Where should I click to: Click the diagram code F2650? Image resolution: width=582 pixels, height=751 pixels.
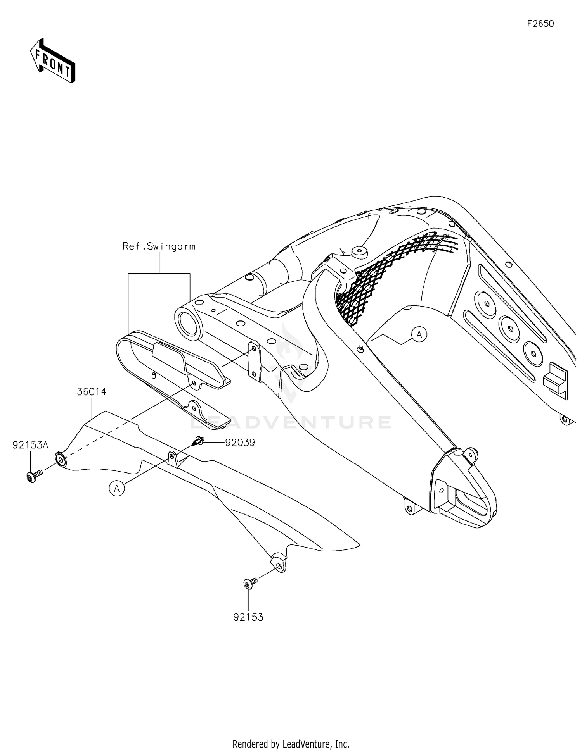pos(540,24)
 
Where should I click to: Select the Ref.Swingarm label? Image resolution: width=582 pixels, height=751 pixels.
pos(159,246)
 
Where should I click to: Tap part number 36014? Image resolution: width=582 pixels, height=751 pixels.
pos(92,392)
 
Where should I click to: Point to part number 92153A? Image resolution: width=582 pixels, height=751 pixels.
pos(30,445)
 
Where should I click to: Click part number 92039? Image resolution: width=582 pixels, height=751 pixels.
pos(240,443)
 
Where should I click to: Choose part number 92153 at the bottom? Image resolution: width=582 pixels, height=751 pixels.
pos(248,617)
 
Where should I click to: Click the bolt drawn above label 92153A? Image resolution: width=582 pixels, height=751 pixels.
pos(34,476)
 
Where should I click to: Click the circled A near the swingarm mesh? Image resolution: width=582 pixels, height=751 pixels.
pos(419,334)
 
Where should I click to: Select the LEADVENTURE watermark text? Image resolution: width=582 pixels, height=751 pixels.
pos(291,422)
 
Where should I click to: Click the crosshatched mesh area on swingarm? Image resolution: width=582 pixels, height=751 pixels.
pos(372,279)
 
